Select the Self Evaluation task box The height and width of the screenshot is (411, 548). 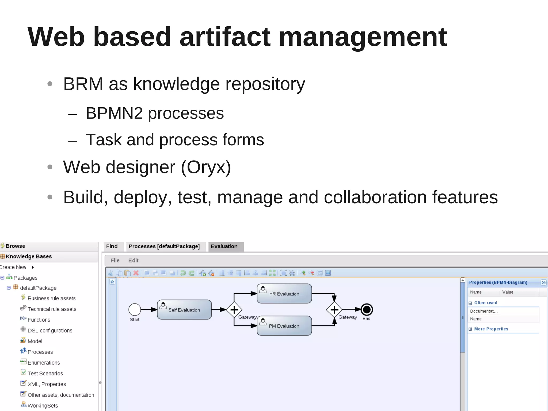[184, 310]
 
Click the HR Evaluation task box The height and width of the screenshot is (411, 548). [284, 294]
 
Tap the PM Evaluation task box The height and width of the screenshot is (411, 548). [284, 326]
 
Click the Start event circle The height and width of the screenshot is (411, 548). [135, 310]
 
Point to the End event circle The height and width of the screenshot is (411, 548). [367, 310]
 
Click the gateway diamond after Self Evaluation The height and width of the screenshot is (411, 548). [234, 310]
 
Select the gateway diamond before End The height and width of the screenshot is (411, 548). [334, 310]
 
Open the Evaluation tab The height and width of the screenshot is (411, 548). [224, 246]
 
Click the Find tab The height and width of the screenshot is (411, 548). [112, 246]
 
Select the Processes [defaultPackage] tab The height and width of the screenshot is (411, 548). [164, 246]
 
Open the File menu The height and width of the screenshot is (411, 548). [115, 260]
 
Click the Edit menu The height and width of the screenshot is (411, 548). [133, 260]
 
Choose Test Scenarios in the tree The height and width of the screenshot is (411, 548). [45, 373]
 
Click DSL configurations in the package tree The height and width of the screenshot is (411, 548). [50, 330]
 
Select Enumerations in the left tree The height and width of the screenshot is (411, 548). [44, 363]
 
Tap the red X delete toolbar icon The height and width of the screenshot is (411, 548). [136, 273]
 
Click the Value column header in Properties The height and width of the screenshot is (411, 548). [508, 292]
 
